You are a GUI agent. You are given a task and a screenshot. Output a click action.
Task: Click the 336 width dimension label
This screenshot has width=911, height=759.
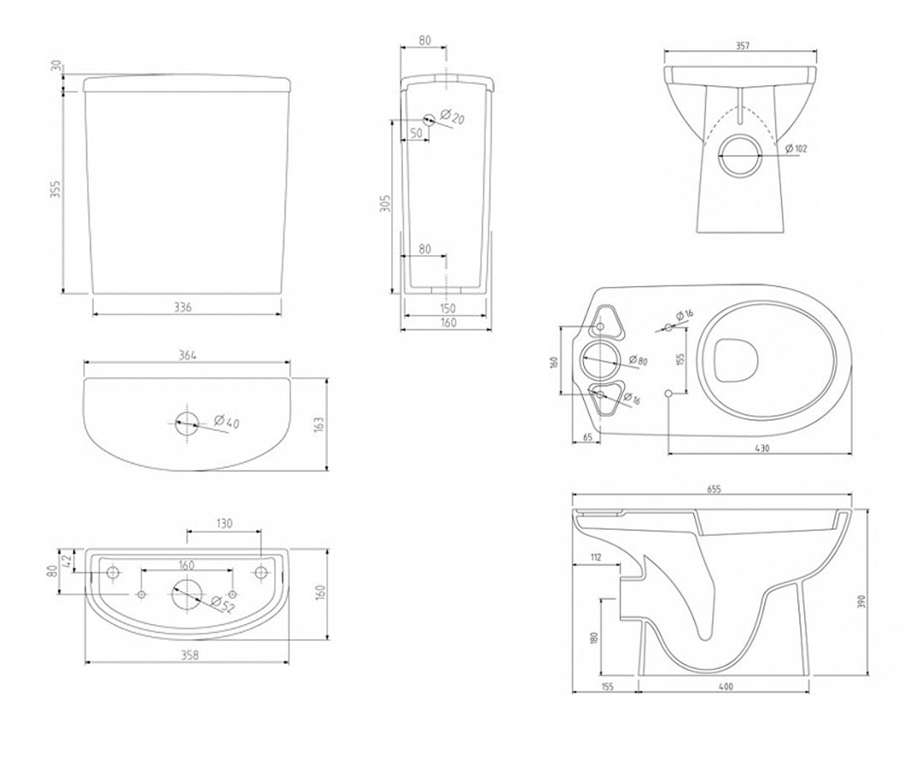coord(183,307)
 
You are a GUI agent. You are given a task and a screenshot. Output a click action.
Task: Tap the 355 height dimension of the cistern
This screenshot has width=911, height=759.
coord(56,189)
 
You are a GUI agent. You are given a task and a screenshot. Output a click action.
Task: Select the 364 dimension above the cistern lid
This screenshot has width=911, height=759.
coord(188,355)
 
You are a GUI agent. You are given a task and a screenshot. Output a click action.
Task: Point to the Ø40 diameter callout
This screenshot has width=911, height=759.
coord(227,421)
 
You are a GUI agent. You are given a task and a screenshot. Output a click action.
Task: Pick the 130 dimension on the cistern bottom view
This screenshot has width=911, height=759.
coord(224,523)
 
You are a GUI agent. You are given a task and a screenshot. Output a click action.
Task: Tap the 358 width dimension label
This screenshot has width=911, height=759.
coord(190,655)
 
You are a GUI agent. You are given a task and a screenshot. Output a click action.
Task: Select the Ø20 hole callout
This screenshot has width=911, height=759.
coord(452,116)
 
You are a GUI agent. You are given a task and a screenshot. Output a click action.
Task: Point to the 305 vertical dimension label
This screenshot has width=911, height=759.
coord(385,203)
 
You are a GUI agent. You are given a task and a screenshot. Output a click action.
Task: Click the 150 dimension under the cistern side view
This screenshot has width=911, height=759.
coord(448,308)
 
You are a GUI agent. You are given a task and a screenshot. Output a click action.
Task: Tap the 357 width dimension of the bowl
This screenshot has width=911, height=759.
coord(742,46)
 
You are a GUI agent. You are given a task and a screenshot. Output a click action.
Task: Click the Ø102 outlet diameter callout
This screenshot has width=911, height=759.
coord(796,148)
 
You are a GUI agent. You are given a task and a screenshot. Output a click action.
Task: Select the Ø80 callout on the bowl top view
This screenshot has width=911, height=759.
coord(638,360)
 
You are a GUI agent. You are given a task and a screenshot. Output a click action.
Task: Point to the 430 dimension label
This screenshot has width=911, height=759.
coord(761,448)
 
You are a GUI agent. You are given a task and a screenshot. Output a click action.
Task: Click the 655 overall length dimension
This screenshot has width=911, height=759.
coord(714,490)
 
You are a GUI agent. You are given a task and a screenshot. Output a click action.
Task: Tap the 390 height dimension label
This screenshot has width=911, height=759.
coord(860,601)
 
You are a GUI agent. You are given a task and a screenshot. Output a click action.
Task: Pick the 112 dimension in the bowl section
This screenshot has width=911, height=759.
coord(595,557)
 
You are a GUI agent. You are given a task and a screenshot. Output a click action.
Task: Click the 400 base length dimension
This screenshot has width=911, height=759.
coord(725,687)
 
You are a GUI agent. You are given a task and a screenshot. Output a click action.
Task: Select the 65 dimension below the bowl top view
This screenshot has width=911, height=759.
coord(588,437)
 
